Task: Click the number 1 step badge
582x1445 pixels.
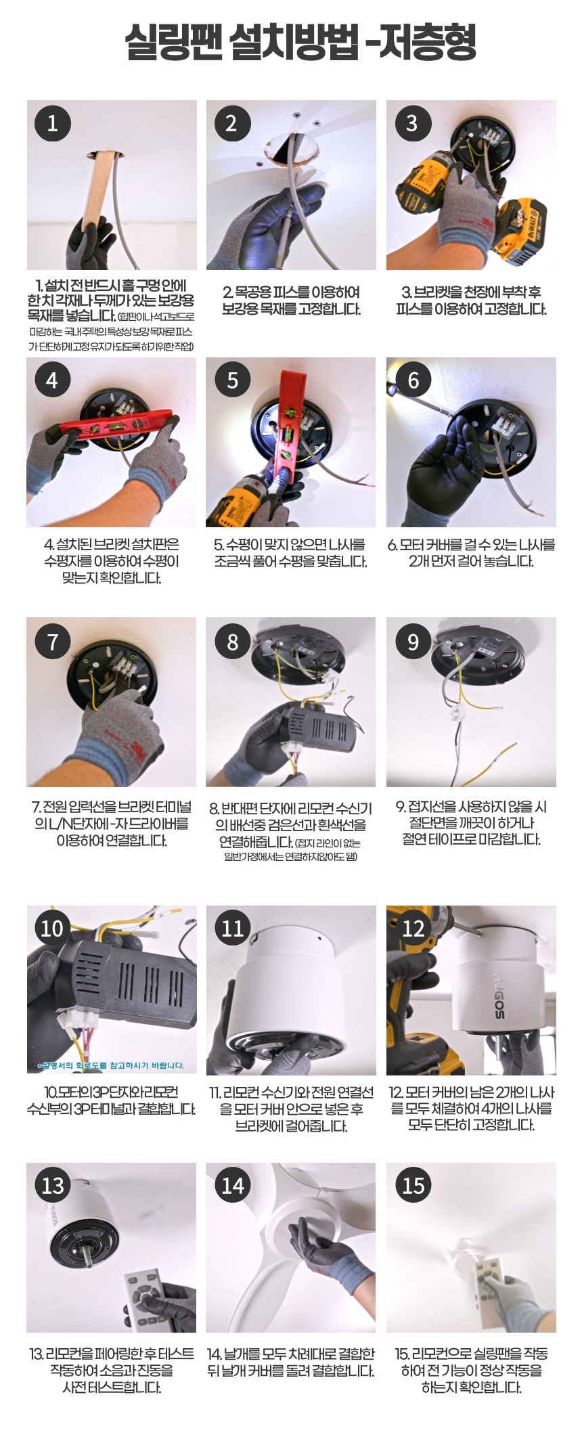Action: pos(52,123)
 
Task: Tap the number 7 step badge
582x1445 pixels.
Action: pos(52,641)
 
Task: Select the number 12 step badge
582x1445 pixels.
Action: pos(413,928)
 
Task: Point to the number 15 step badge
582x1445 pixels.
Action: pos(413,1185)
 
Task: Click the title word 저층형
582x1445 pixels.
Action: pos(428,42)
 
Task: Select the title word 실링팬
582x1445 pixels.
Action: pos(173,42)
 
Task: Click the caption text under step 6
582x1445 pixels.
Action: pos(471,553)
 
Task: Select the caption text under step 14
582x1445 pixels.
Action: pos(291,1362)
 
